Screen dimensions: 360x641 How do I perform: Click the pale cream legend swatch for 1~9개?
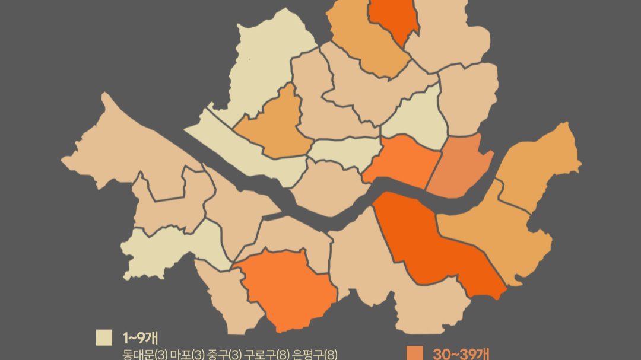coord(104,337)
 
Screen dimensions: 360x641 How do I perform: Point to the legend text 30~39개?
coord(461,354)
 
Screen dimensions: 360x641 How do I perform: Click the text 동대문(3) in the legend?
coord(144,355)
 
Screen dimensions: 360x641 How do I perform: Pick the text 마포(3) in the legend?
coord(188,355)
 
